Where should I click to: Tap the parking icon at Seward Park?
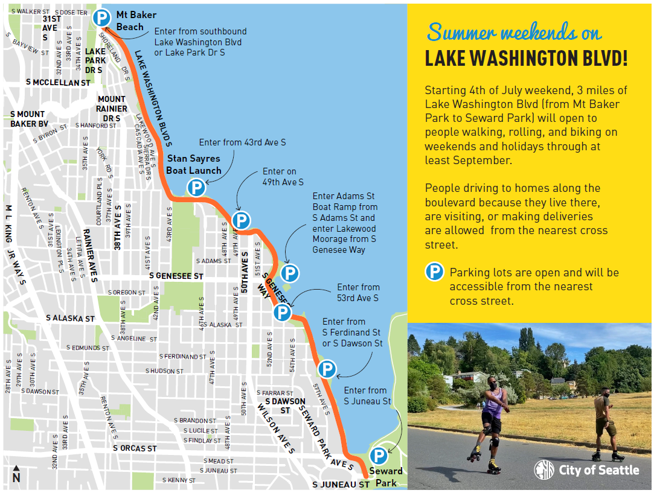379,456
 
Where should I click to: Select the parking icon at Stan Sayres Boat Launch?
196,188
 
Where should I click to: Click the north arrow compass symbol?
16,474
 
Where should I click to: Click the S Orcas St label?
135,448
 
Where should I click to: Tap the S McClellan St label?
58,82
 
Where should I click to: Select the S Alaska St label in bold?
71,318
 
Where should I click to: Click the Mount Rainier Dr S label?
112,109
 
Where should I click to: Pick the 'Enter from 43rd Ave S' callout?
242,142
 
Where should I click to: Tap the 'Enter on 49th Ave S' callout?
283,177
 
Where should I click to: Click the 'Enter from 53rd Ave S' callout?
357,293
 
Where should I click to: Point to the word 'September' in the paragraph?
485,161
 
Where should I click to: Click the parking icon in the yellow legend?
435,272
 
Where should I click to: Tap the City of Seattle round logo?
543,470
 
